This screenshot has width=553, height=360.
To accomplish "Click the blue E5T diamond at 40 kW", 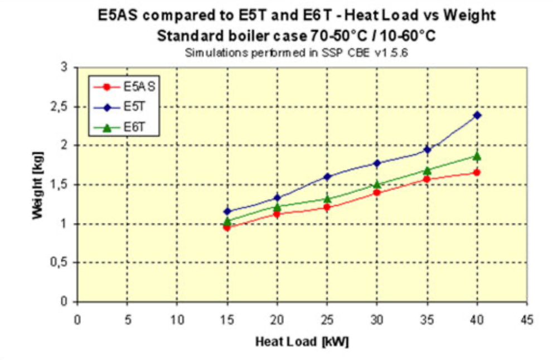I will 477,115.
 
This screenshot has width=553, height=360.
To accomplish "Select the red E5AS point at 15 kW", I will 227,227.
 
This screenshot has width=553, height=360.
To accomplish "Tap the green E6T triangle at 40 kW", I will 477,156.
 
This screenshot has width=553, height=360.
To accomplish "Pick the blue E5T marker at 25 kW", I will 327,177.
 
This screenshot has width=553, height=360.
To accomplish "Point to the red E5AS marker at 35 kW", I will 428,179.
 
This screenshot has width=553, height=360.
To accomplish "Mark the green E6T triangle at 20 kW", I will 277,206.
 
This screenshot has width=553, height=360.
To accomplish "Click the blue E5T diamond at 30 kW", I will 377,163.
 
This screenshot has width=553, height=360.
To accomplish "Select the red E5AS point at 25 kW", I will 327,207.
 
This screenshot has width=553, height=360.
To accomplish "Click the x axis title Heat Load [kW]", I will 302,341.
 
